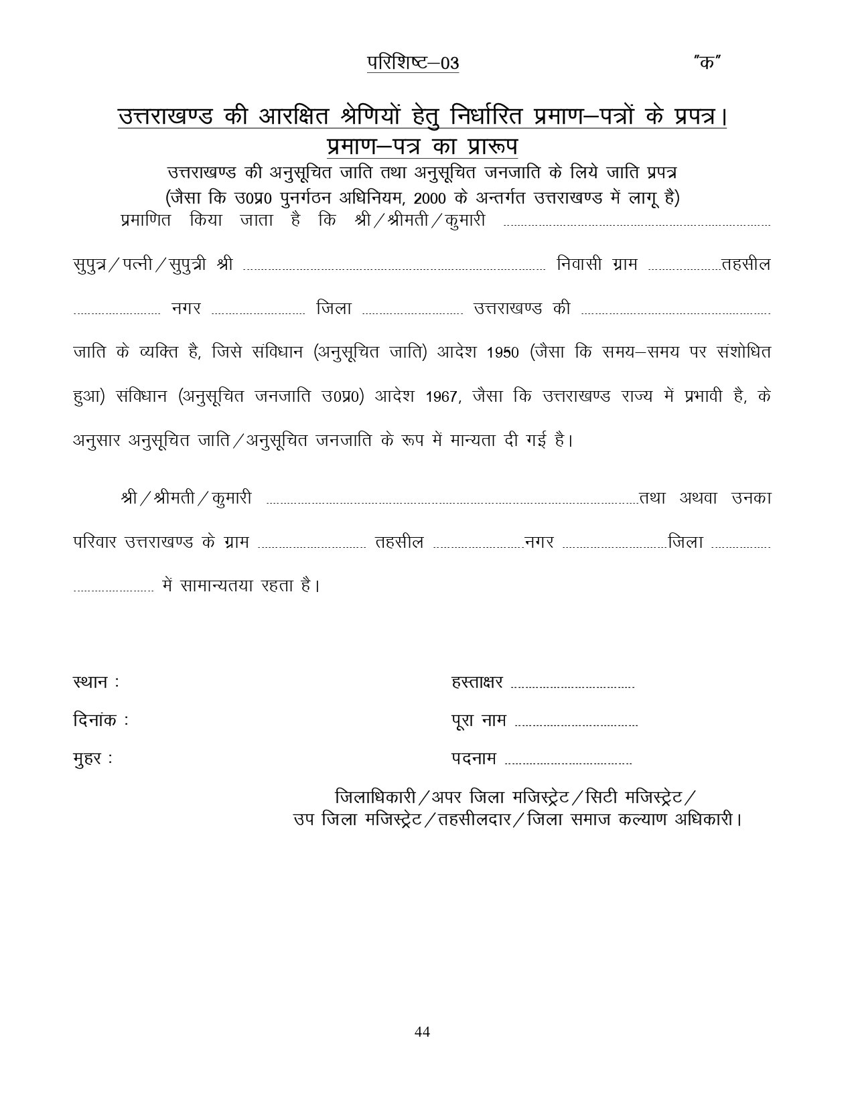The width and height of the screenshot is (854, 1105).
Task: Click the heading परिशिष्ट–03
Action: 413,63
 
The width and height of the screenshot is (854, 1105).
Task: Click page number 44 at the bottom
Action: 422,1031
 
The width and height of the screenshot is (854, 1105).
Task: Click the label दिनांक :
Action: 100,721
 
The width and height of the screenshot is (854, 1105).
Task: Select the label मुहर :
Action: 92,759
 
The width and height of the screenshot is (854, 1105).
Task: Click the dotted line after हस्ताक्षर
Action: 572,686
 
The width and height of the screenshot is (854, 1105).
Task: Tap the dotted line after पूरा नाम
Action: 577,725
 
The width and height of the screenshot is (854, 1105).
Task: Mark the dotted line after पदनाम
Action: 568,763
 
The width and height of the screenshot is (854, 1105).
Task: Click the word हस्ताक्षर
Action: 477,682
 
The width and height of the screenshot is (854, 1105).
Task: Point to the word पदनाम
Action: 474,759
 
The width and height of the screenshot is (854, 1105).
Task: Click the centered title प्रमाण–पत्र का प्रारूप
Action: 422,145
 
